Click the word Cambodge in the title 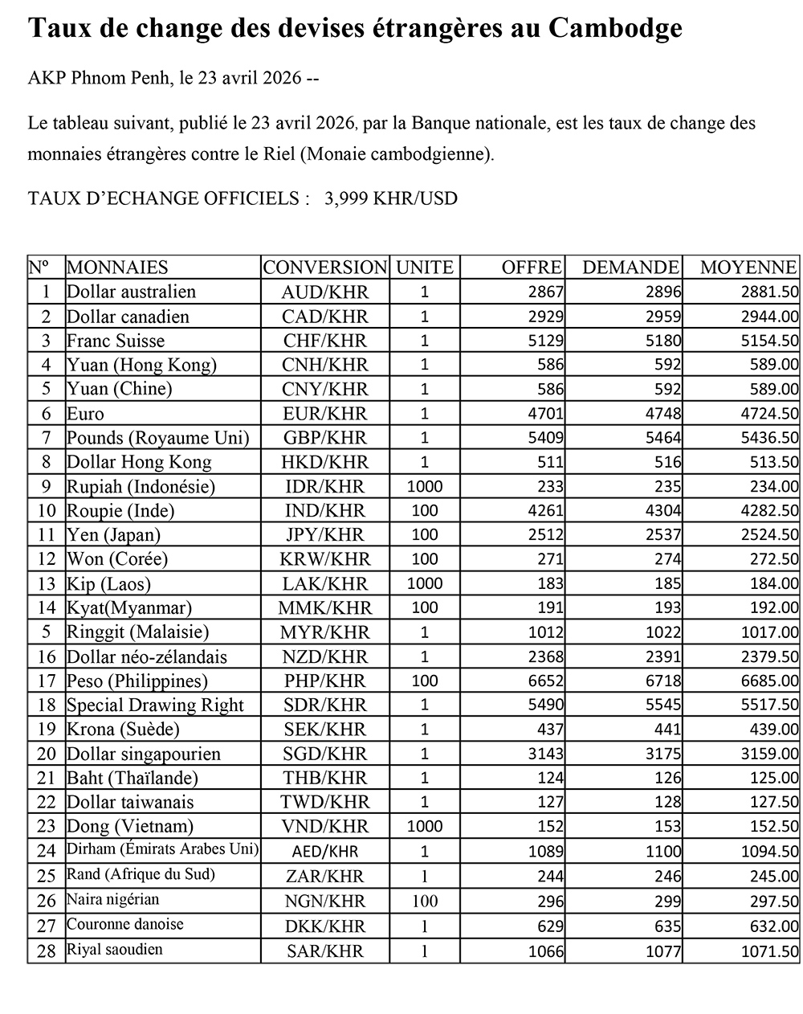(x=615, y=29)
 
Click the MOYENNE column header (x=748, y=268)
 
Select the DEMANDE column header (x=630, y=268)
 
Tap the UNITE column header (x=425, y=268)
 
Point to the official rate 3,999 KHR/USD (x=390, y=198)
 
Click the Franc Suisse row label (x=116, y=341)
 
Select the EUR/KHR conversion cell (x=324, y=414)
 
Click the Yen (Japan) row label (x=113, y=535)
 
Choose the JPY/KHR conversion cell (x=324, y=535)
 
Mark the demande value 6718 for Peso (x=663, y=681)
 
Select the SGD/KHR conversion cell (x=324, y=754)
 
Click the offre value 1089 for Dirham (x=546, y=852)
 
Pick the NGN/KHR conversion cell (x=324, y=902)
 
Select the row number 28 (x=47, y=951)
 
